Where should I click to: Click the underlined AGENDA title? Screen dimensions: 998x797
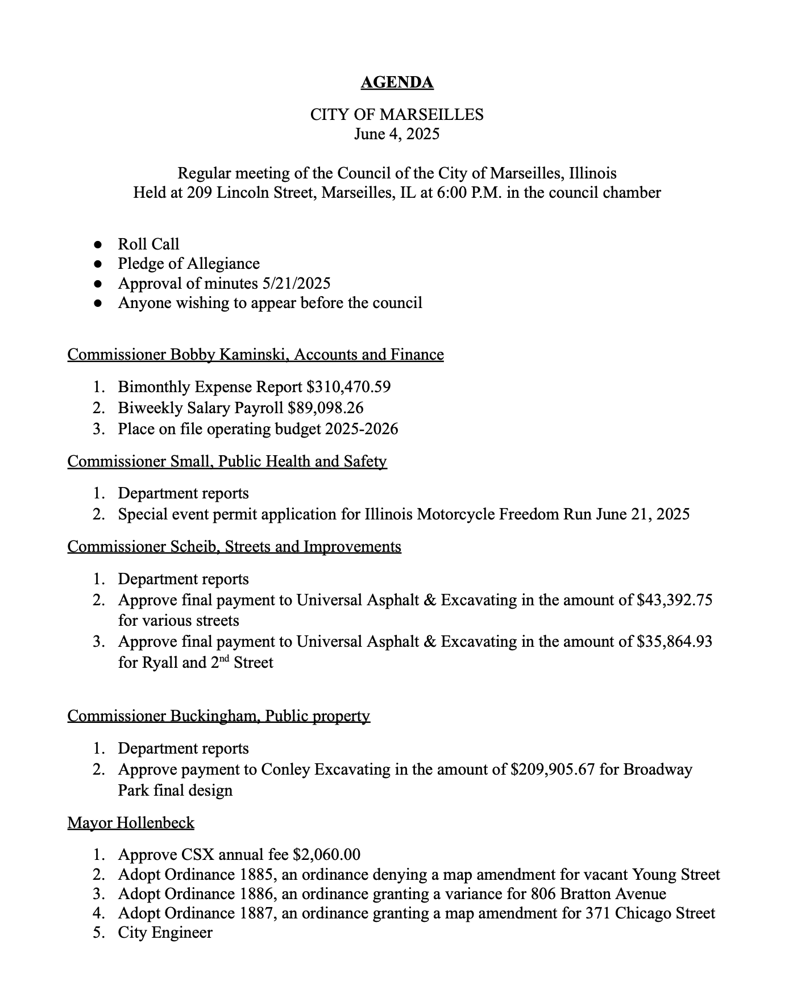click(397, 83)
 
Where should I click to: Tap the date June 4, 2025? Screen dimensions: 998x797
click(397, 134)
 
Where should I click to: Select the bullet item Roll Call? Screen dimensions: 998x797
click(148, 244)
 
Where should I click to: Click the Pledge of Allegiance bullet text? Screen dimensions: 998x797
click(189, 264)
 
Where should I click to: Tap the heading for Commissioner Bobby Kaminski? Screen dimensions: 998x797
click(255, 355)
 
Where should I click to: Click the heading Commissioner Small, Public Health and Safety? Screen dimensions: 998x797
click(227, 461)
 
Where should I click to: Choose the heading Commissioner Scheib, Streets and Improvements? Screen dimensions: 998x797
click(234, 547)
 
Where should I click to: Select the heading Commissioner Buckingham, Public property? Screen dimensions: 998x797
click(218, 716)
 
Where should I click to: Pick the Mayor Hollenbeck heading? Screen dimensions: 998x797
click(131, 823)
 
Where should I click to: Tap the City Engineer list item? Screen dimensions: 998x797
click(165, 933)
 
